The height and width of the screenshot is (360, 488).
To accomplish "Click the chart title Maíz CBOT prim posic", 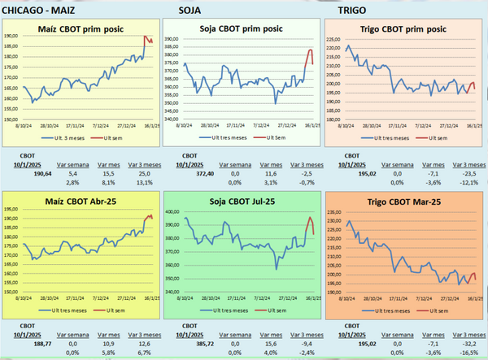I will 81,29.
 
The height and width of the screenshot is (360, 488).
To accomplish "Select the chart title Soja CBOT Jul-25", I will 242,201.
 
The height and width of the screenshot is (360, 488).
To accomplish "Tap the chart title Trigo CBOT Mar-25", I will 404,202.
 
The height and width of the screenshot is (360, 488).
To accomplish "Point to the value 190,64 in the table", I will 40,173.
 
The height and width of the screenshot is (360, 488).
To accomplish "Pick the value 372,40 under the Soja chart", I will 199,173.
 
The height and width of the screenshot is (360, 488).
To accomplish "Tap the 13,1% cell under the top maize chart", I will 143,183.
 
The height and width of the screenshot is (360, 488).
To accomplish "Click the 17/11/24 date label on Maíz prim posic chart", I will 75,126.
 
